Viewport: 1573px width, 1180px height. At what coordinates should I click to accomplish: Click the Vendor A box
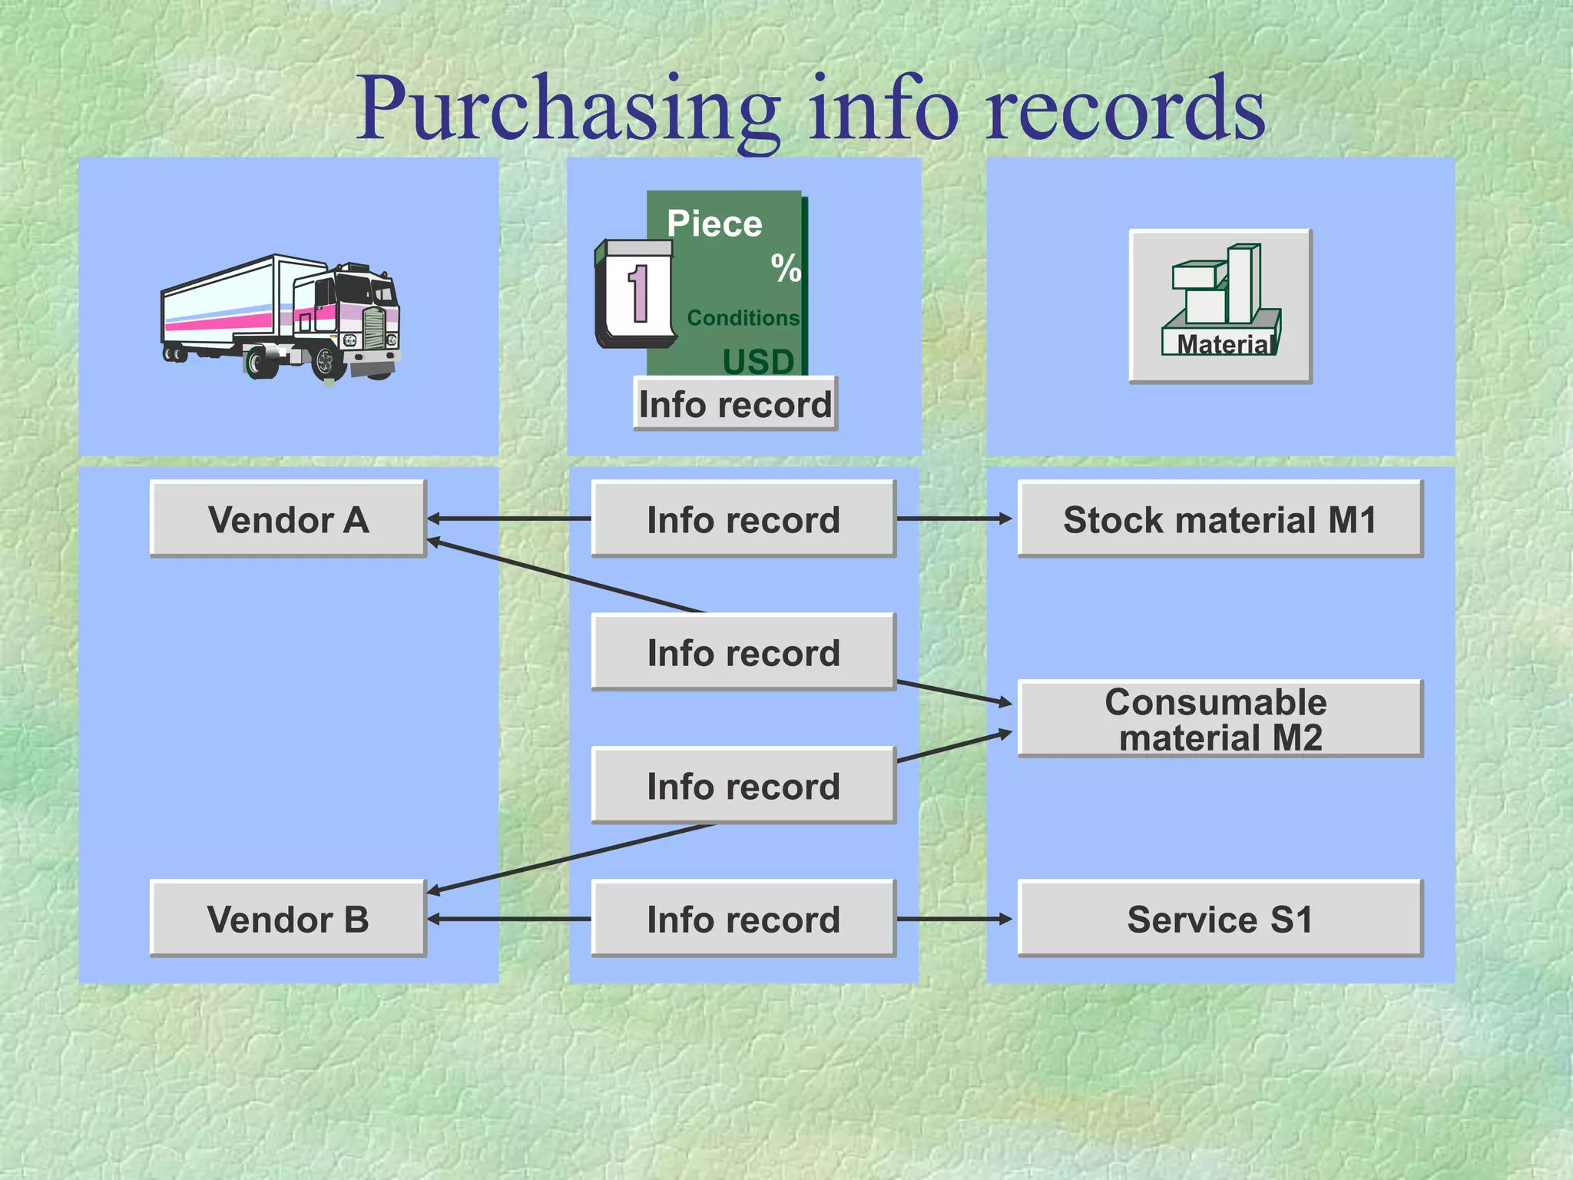coord(288,519)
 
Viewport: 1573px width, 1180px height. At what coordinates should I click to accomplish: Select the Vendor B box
coord(288,919)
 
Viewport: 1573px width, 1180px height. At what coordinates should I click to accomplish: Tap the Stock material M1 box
coord(1220,519)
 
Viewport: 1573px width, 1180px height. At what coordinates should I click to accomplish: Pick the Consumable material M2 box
coord(1220,719)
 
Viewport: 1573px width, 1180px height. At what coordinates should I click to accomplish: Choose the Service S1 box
coord(1220,919)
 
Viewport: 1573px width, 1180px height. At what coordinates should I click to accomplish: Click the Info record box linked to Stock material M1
coord(743,519)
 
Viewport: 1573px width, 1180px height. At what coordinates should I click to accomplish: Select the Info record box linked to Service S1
coord(743,919)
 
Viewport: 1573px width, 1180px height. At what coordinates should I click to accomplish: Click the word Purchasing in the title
coord(568,109)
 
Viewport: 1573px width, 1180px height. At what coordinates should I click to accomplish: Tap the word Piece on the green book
coord(714,224)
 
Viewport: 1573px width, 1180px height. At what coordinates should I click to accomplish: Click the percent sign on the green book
coord(786,268)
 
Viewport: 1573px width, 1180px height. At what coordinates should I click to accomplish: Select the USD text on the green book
coord(758,361)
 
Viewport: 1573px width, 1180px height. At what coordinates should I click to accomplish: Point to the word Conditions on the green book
coord(743,317)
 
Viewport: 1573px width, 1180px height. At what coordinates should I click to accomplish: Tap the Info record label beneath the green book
coord(735,404)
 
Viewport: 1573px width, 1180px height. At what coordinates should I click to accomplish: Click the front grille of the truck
coord(374,328)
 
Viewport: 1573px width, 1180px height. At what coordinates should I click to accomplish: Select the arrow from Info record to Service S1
coord(955,919)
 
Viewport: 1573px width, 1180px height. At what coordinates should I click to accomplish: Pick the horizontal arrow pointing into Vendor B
coord(508,919)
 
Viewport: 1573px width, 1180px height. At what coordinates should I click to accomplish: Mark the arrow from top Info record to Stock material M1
coord(955,519)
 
